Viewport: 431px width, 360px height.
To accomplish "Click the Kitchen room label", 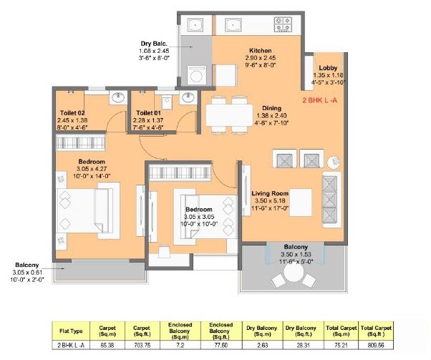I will pos(258,50).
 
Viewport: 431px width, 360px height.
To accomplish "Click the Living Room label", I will pos(270,193).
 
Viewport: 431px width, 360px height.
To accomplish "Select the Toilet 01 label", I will pos(147,113).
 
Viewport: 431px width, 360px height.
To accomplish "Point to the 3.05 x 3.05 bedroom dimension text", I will pos(196,215).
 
